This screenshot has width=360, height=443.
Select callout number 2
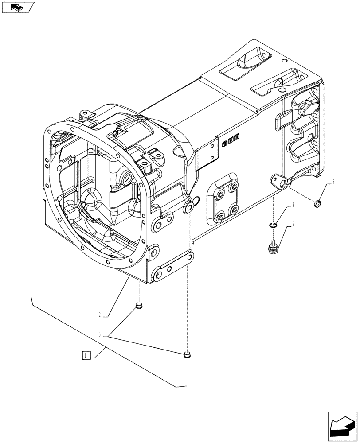pyautogui.click(x=100, y=315)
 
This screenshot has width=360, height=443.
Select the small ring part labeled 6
pyautogui.click(x=318, y=204)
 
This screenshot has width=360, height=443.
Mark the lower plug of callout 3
pyautogui.click(x=187, y=354)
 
